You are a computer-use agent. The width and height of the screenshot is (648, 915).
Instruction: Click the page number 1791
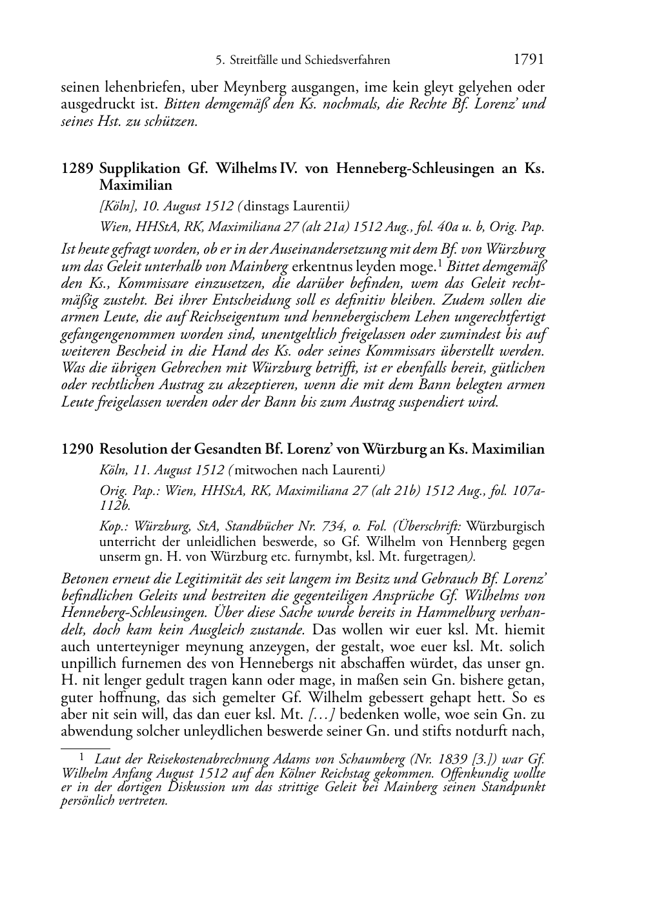click(529, 60)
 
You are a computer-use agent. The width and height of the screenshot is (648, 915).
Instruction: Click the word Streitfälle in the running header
click(255, 61)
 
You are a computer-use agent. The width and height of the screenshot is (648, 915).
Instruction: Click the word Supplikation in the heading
click(140, 168)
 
